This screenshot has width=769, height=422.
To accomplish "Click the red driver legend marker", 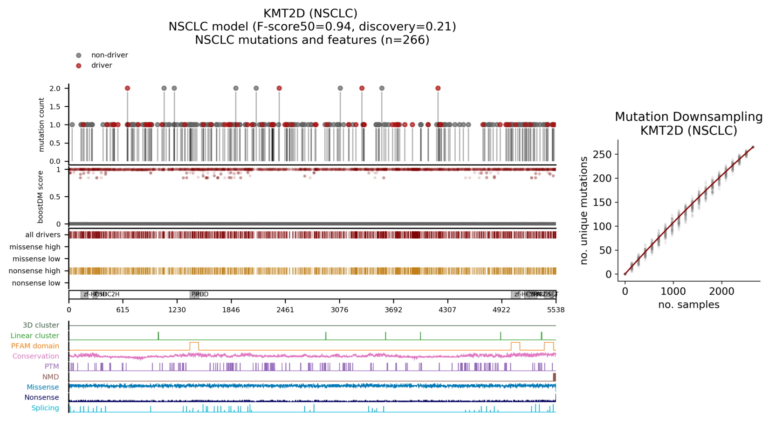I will click(79, 66).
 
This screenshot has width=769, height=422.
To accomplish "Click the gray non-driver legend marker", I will click(79, 55).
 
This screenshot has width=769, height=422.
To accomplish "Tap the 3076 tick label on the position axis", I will click(339, 310).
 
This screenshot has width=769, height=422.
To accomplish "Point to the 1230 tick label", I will click(177, 310).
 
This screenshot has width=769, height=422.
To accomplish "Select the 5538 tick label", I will click(556, 310).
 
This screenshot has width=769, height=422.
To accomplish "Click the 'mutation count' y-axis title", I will click(41, 125).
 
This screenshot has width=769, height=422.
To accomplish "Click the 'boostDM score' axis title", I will click(41, 197).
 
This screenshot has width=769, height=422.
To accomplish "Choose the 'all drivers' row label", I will click(43, 235).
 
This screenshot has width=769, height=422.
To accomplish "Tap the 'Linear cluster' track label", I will click(35, 336).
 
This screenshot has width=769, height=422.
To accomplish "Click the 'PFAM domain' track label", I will click(35, 346).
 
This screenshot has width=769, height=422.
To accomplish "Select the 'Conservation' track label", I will click(36, 356).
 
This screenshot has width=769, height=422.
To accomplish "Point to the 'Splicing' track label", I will click(45, 408).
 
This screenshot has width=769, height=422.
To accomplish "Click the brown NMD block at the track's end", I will click(554, 377).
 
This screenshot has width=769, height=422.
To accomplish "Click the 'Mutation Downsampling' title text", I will click(688, 117).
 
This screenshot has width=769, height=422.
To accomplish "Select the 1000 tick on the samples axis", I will click(673, 291).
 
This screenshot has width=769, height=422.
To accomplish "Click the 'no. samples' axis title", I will click(688, 305).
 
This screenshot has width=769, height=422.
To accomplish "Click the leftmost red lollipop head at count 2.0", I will click(127, 88).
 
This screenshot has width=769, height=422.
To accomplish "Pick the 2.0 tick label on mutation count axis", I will click(55, 89).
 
